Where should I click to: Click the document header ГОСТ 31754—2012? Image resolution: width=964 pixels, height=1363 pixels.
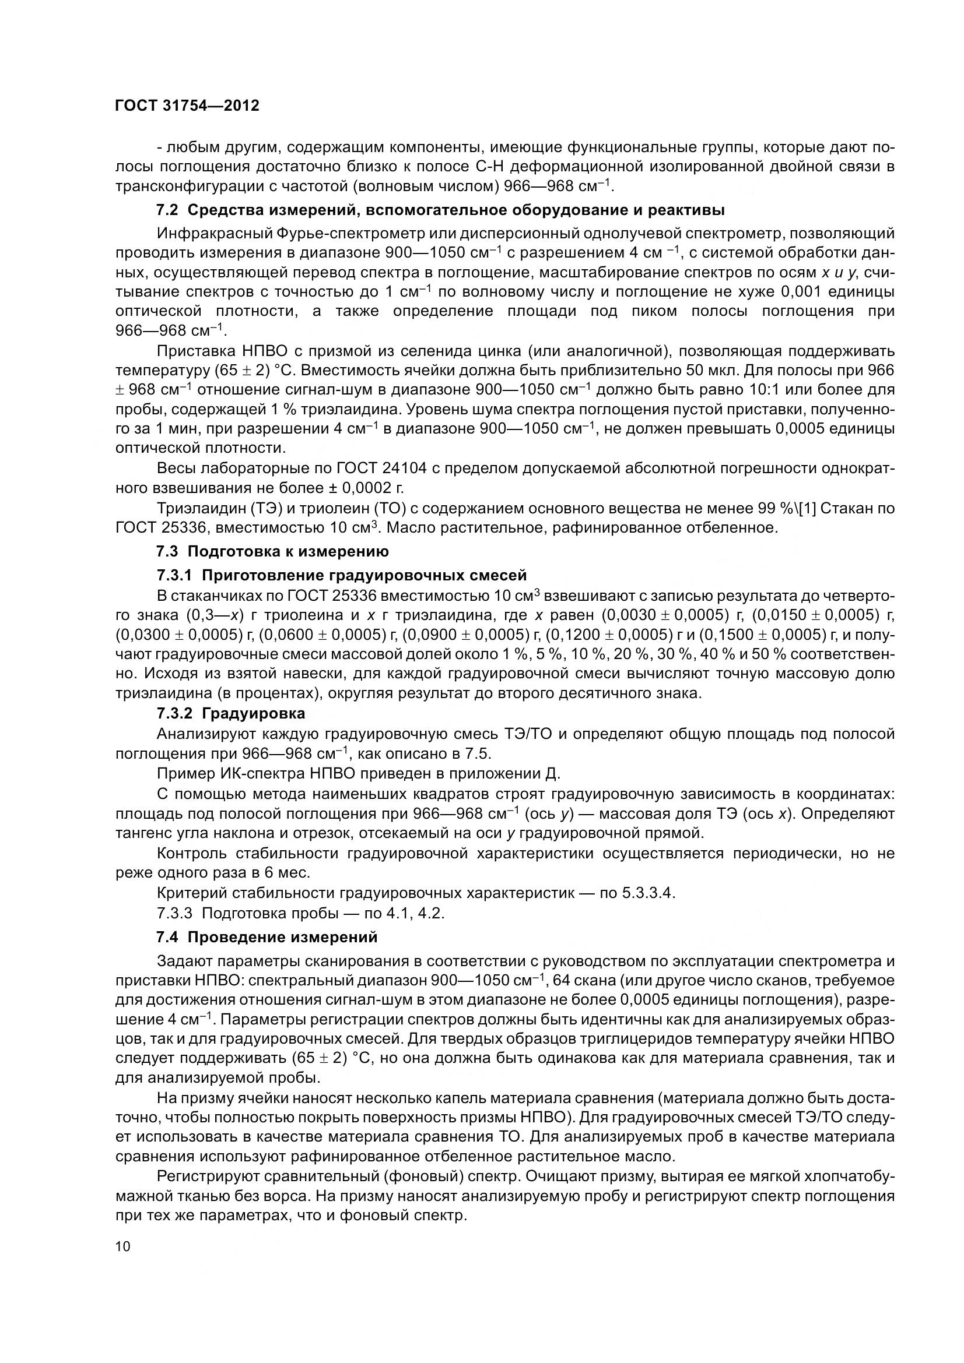click(x=187, y=105)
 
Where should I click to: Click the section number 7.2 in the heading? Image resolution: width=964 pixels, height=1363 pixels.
click(x=168, y=210)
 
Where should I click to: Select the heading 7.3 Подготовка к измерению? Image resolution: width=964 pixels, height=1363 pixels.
click(x=272, y=551)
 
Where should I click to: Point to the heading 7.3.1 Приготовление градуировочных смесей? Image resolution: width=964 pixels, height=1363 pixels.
click(x=342, y=575)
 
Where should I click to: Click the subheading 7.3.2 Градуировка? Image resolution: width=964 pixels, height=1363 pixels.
click(x=230, y=713)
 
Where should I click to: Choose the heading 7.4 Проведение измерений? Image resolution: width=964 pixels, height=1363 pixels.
click(x=267, y=938)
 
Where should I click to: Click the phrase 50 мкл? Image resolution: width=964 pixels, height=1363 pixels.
click(x=709, y=371)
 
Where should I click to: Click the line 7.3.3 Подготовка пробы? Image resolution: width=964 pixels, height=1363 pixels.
click(x=300, y=913)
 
